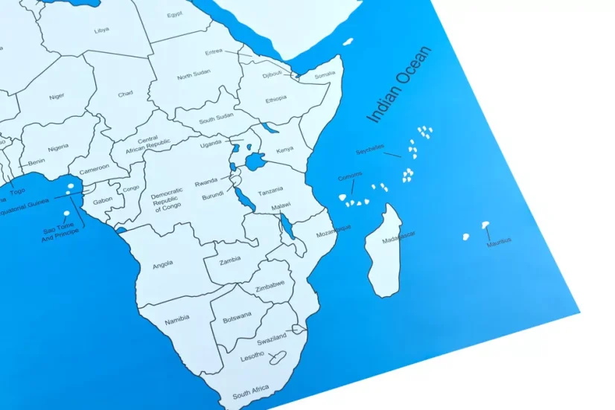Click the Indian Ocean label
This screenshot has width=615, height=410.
pyautogui.click(x=398, y=88)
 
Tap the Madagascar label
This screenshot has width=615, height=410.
pyautogui.click(x=398, y=237)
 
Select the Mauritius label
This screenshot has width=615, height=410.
pyautogui.click(x=499, y=240)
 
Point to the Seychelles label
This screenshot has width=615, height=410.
pyautogui.click(x=369, y=152)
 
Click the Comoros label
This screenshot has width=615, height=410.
pyautogui.click(x=350, y=176)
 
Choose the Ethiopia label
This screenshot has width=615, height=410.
pyautogui.click(x=275, y=98)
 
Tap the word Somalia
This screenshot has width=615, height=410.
pyautogui.click(x=325, y=74)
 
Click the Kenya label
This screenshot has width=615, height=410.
pyautogui.click(x=284, y=150)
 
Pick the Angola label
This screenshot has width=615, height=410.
pyautogui.click(x=162, y=263)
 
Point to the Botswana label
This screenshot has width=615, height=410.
pyautogui.click(x=238, y=313)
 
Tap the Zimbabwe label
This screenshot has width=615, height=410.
pyautogui.click(x=270, y=284)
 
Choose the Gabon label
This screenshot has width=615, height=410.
pyautogui.click(x=103, y=201)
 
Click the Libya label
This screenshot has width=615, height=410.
pyautogui.click(x=101, y=31)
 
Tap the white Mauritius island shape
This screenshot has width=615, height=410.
pyautogui.click(x=485, y=223)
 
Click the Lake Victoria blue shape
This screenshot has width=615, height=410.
pyautogui.click(x=255, y=160)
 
